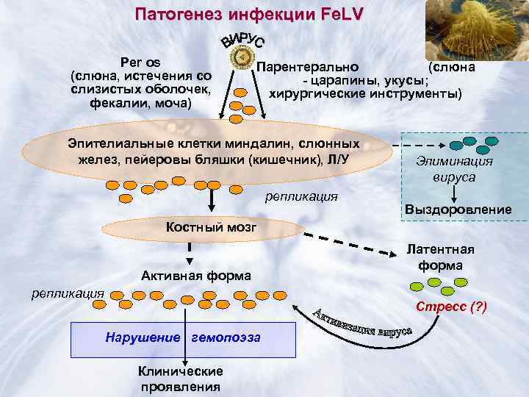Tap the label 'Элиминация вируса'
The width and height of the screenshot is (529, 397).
point(454,169)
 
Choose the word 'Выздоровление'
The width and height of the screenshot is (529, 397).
point(458,210)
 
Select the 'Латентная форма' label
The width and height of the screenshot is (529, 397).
point(441,257)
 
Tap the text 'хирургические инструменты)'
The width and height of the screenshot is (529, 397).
point(365,94)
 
